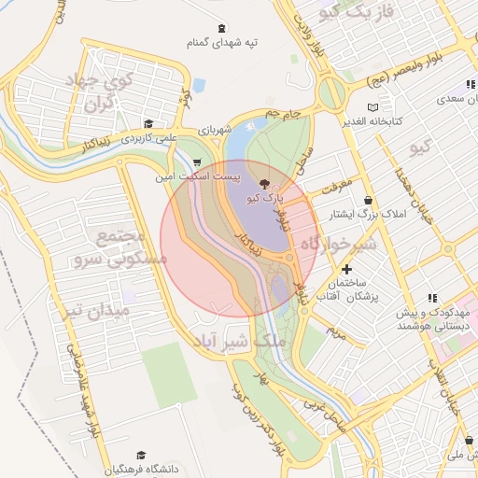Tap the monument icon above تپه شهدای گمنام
point(221,28)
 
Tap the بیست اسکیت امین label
point(196,176)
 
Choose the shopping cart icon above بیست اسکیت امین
point(195,161)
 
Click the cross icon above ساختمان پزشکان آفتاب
point(346,269)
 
